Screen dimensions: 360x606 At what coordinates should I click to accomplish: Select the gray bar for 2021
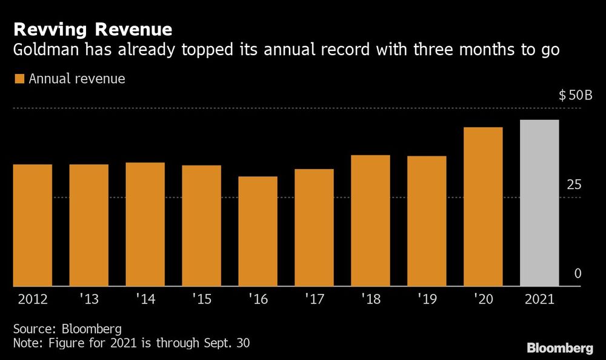point(539,203)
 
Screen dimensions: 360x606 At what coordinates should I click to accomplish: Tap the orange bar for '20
point(483,207)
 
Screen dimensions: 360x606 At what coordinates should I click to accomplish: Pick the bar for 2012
point(33,225)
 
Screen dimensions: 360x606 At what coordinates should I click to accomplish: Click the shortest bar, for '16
point(258,231)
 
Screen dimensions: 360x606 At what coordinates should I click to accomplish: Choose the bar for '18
point(370,221)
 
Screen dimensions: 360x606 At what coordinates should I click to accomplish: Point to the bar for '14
point(145,224)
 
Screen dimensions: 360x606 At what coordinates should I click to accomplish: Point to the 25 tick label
point(574,185)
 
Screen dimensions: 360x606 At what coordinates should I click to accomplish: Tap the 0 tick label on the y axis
point(578,274)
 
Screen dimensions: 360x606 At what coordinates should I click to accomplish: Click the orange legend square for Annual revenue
point(19,79)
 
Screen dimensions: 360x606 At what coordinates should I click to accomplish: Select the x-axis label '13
point(88,299)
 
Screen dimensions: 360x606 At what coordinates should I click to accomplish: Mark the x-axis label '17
point(314,299)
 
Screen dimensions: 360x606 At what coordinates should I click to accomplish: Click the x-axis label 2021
point(539,299)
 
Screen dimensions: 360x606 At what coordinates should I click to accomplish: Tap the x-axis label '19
point(427,299)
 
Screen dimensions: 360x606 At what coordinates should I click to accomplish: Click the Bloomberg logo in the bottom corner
point(559,348)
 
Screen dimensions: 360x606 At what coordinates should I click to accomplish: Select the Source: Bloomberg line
point(67,329)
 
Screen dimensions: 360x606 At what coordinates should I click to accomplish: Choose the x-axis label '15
point(201,299)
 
